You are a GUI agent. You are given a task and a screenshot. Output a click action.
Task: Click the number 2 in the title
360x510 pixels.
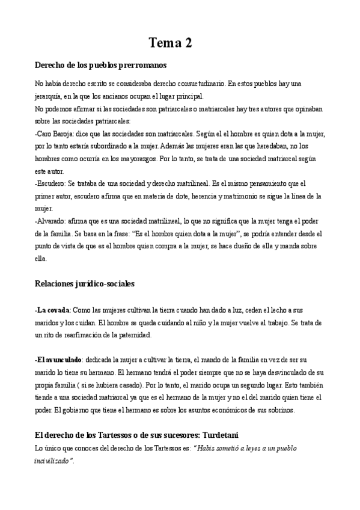pos(186,43)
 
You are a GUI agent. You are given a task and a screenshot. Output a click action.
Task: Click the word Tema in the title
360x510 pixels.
pos(163,43)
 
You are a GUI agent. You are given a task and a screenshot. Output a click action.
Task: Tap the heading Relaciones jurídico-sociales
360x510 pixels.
pos(85,283)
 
